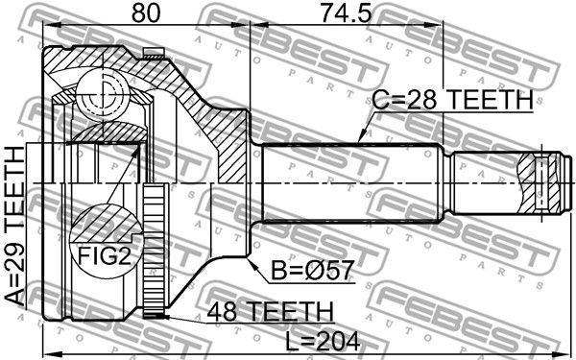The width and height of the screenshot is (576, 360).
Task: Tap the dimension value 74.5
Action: click(x=346, y=12)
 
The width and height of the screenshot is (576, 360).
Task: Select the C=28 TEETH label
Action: click(x=453, y=100)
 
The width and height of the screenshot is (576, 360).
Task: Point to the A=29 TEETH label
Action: click(x=14, y=226)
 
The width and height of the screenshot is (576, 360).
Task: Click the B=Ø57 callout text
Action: click(x=313, y=271)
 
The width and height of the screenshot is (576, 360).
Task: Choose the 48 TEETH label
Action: click(x=270, y=311)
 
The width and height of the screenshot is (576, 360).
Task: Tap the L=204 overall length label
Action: click(x=323, y=341)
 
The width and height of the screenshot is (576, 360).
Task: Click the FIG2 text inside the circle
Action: click(x=105, y=255)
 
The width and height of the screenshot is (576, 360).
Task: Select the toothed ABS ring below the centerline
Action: click(x=154, y=251)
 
